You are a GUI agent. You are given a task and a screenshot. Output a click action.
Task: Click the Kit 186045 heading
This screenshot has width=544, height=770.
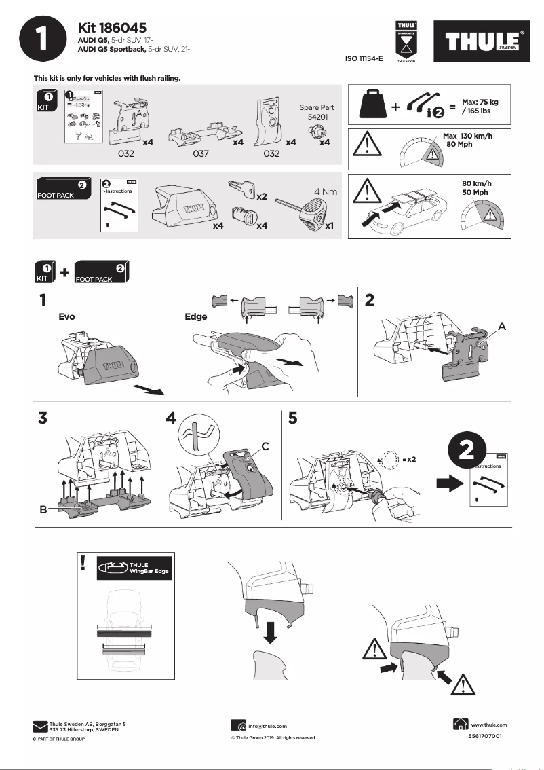pyautogui.click(x=113, y=28)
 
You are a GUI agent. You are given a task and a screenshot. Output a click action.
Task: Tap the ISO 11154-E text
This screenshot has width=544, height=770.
pyautogui.click(x=364, y=59)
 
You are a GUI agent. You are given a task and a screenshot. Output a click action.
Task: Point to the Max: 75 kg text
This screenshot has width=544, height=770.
pyautogui.click(x=480, y=101)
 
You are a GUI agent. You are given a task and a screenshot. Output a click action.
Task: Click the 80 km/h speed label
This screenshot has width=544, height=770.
pyautogui.click(x=476, y=183)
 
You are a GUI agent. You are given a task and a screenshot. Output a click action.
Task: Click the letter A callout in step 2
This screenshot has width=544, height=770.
pyautogui.click(x=502, y=326)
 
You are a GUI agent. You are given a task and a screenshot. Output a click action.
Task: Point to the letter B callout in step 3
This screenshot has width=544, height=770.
pyautogui.click(x=43, y=510)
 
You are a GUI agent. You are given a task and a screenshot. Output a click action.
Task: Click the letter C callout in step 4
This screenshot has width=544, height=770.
pyautogui.click(x=265, y=446)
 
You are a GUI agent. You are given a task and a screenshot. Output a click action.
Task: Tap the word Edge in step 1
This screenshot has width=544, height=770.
pyautogui.click(x=195, y=316)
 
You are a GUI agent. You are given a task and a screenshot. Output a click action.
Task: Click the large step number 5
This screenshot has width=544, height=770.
pyautogui.click(x=292, y=419)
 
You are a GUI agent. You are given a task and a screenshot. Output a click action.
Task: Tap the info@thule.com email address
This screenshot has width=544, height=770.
pyautogui.click(x=267, y=726)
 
